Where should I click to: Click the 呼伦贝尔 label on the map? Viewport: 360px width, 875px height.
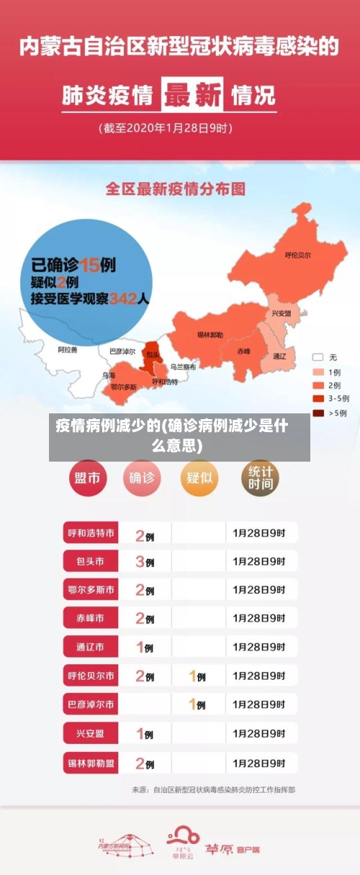point(297,255)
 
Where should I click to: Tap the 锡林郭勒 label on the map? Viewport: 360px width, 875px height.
point(210,335)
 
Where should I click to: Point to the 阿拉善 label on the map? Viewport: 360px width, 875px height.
point(67,349)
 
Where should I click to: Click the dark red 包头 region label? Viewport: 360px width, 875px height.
point(153,354)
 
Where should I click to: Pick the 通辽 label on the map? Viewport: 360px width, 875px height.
point(279,356)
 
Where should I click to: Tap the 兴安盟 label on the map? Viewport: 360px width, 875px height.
point(281,314)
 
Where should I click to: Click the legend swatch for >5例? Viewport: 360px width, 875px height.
point(318,413)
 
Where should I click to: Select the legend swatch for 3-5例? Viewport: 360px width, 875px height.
point(318,399)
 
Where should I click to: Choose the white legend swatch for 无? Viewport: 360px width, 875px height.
point(318,357)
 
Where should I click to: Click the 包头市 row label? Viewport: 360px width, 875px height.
point(90,560)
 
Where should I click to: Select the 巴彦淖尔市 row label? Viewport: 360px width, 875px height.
point(90,704)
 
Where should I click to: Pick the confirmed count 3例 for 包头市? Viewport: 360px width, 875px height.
point(145,561)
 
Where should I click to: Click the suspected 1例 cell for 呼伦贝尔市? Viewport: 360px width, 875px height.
point(197,676)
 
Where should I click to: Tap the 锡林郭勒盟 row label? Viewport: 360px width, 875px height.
point(90,763)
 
